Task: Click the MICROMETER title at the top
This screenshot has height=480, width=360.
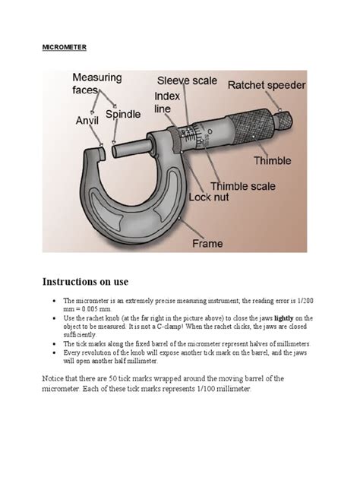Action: (x=65, y=47)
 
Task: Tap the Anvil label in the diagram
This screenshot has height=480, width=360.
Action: (x=87, y=120)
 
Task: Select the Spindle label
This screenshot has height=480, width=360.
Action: (x=123, y=115)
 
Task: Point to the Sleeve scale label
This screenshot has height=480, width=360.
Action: (x=187, y=81)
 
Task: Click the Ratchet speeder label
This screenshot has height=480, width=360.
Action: (x=267, y=85)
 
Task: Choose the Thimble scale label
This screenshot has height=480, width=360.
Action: (x=243, y=186)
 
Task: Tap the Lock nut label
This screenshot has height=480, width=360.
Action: (x=208, y=197)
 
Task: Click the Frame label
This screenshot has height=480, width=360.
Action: (x=207, y=244)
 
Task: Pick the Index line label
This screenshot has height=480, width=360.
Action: (x=167, y=103)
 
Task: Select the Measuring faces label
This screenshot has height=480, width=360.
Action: (x=97, y=84)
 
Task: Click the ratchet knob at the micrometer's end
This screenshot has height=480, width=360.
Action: (x=283, y=120)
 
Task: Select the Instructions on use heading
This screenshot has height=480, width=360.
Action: (x=85, y=281)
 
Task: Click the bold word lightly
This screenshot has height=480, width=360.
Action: (x=284, y=318)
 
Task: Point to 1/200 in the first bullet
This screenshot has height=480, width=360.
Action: (x=305, y=301)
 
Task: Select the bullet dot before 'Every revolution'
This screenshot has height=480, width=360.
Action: (x=55, y=352)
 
